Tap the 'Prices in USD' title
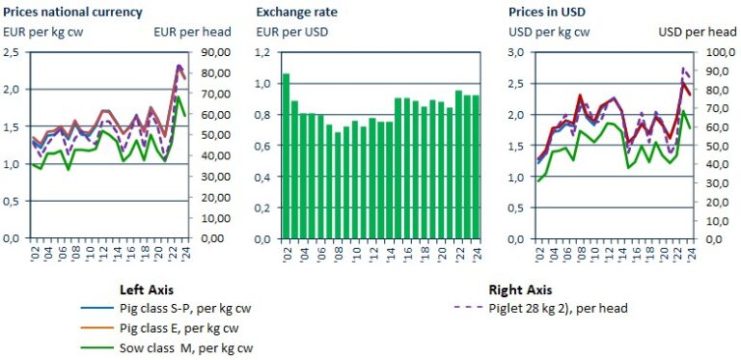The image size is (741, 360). tap(547, 12)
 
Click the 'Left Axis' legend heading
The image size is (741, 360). tap(149, 289)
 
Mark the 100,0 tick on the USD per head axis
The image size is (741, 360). tap(721, 52)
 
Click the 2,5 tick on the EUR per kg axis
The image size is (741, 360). tap(13, 52)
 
